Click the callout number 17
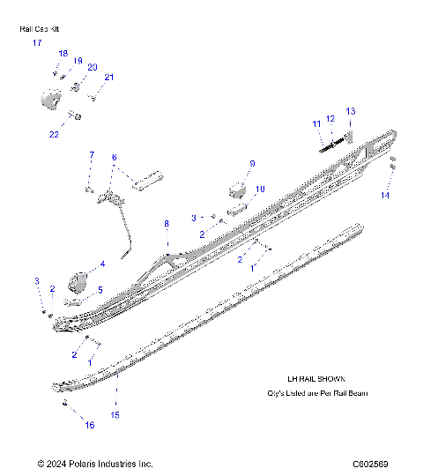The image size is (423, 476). click(x=37, y=42)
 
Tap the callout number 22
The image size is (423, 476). click(x=55, y=134)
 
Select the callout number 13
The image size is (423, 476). click(x=350, y=111)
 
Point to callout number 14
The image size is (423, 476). click(x=384, y=195)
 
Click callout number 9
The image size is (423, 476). click(x=252, y=164)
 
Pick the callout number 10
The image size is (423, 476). click(x=259, y=190)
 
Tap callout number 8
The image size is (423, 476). click(x=166, y=225)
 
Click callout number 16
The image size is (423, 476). click(x=89, y=425)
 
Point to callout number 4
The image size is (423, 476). click(x=102, y=264)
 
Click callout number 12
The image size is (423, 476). click(x=330, y=118)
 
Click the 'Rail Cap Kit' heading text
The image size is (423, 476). click(x=41, y=29)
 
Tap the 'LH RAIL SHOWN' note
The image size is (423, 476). click(x=303, y=378)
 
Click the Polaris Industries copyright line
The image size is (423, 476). click(x=95, y=464)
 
